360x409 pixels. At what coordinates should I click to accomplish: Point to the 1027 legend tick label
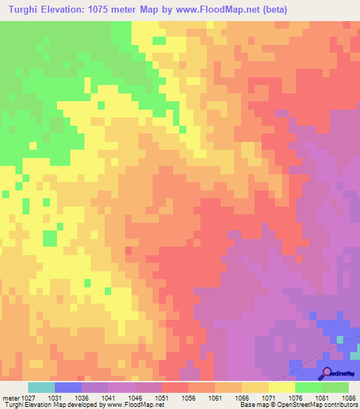(x=27, y=397)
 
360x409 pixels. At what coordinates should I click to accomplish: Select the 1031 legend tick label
(x=54, y=397)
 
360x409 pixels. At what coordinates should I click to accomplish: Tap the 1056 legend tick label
(x=188, y=397)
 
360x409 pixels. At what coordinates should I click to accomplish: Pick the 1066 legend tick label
(x=241, y=397)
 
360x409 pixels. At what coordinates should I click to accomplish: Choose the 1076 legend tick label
(x=295, y=397)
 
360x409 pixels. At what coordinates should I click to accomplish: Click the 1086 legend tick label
(x=348, y=397)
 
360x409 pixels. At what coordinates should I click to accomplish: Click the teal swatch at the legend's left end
(x=41, y=387)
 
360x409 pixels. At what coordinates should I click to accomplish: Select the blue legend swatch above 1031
(x=67, y=387)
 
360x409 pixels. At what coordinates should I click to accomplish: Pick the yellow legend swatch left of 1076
(x=281, y=387)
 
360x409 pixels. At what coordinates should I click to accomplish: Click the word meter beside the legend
(x=10, y=397)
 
